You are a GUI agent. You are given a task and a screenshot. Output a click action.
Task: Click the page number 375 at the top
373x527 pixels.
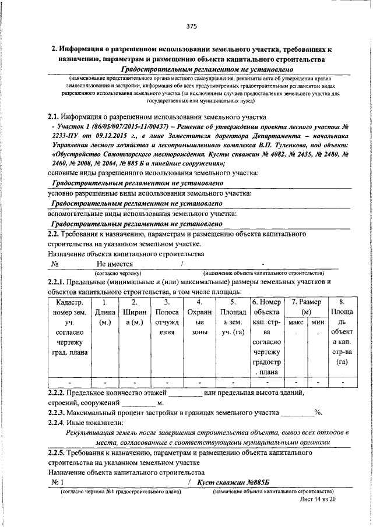pos(192,26)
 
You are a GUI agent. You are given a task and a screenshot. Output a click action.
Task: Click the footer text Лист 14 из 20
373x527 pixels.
pos(319,499)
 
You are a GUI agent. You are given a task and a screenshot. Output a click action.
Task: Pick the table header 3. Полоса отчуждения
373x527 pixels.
pos(167,320)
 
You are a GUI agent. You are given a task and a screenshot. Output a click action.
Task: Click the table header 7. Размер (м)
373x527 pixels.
pos(307,307)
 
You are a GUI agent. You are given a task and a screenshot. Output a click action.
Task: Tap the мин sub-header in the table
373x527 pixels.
pos(318,321)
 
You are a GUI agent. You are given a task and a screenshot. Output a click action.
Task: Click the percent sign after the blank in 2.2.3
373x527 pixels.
pos(318,413)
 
